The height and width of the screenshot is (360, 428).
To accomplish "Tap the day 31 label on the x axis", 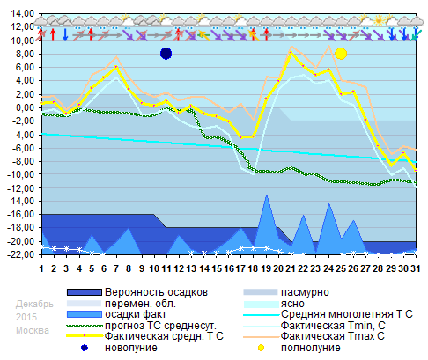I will (x=416, y=268).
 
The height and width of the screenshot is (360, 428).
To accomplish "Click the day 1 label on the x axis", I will (x=41, y=268).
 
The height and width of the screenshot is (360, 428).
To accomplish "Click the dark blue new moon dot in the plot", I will (x=166, y=54).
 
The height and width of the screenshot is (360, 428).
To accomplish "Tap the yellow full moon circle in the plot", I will (x=341, y=54).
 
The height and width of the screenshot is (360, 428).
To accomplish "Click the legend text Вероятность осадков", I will (x=156, y=290).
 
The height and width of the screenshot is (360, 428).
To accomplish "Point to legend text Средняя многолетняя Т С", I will (x=347, y=313).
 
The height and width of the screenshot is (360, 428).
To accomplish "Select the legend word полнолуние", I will (x=311, y=348).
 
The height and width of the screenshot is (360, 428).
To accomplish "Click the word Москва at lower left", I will (x=31, y=330).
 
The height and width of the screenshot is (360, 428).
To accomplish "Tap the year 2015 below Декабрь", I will (x=26, y=316).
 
